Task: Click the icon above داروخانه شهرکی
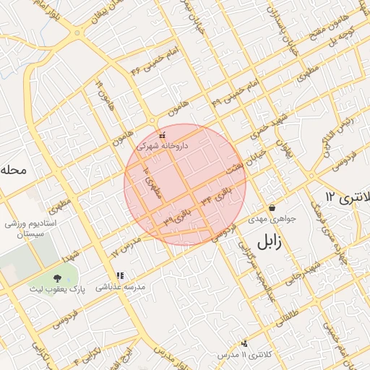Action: tap(162, 134)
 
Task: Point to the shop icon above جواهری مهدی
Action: tap(271, 207)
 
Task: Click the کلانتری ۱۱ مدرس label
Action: tap(242, 356)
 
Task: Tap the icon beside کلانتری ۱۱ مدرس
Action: tap(245, 343)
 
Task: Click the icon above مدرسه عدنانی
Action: tap(120, 275)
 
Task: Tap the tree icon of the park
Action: tap(57, 279)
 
